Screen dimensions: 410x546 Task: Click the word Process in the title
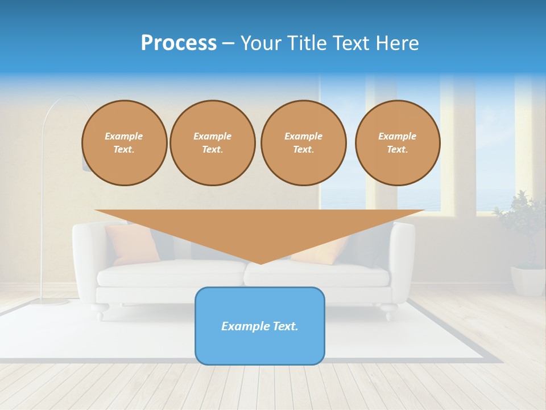click(179, 43)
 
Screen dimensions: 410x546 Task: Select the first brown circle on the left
click(125, 143)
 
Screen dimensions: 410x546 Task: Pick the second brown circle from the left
click(213, 143)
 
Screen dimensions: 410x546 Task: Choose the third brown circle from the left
click(304, 143)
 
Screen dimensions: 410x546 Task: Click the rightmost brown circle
click(398, 143)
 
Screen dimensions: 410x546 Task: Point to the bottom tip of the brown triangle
click(260, 263)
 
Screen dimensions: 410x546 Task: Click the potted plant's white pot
click(527, 281)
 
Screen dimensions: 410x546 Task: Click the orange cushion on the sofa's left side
click(132, 244)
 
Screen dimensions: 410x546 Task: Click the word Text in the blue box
click(284, 326)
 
